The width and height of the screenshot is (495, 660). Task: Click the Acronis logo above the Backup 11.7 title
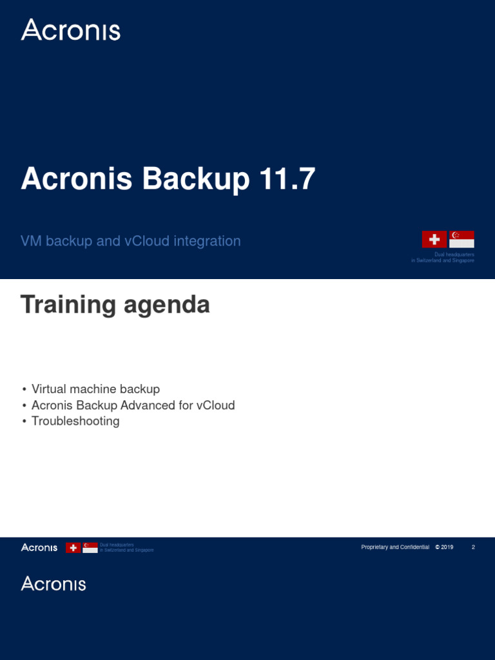(70, 30)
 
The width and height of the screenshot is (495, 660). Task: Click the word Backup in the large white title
(196, 179)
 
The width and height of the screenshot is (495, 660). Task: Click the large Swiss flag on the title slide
(434, 239)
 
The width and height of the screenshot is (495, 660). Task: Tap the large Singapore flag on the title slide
(461, 239)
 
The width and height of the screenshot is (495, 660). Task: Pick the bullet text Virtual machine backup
(95, 389)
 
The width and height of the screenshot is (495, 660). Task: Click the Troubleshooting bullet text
(75, 422)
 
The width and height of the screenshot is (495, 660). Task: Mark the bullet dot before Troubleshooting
(24, 422)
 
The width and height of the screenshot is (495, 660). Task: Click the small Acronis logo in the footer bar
(39, 547)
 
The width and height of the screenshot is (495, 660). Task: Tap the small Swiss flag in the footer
(74, 547)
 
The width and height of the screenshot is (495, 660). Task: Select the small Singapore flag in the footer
(90, 547)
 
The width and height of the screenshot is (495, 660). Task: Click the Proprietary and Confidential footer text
(394, 547)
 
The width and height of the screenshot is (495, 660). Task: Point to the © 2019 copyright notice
(444, 547)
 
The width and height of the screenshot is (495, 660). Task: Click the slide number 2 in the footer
(473, 547)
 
